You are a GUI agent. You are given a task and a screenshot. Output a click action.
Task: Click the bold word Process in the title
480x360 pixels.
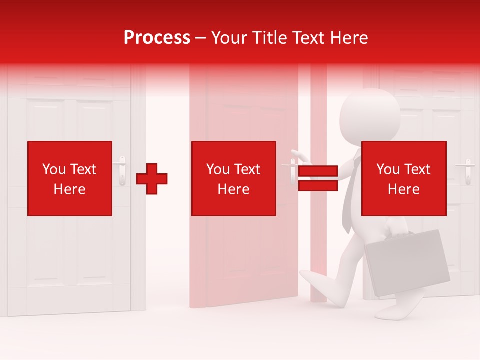[157, 38]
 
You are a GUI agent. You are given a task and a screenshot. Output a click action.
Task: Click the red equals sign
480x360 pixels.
[318, 178]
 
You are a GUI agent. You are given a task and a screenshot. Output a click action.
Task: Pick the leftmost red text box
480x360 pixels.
[70, 178]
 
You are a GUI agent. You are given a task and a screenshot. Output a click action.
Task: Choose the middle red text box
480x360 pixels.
[234, 178]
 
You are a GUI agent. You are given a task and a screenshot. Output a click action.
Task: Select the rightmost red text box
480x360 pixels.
[403, 178]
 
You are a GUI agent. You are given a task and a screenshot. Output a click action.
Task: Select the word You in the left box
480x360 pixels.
[54, 169]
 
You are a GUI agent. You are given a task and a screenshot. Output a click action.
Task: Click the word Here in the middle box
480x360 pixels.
[234, 189]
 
